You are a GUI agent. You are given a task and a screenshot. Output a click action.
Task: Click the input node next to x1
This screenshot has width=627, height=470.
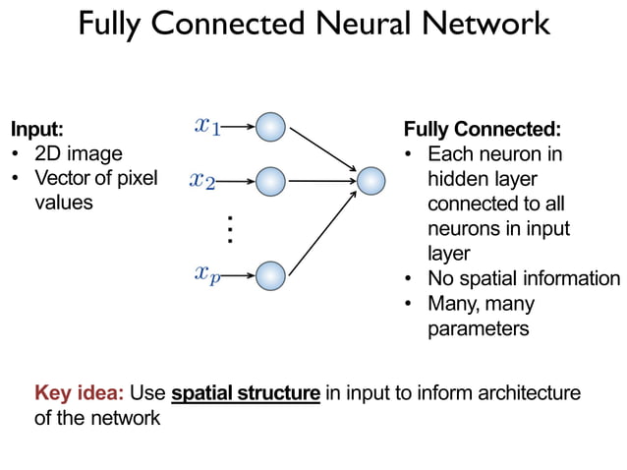click(x=270, y=127)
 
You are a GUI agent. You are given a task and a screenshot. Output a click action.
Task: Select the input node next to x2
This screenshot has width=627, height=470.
click(x=270, y=181)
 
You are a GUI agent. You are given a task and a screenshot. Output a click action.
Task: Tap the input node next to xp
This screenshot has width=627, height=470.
click(x=270, y=274)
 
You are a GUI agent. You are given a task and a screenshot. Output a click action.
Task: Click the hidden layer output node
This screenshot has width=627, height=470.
click(x=370, y=181)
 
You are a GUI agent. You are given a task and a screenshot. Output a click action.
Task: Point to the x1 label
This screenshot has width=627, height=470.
click(x=207, y=125)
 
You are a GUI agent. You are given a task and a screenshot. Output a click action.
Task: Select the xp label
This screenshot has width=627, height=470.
click(x=207, y=274)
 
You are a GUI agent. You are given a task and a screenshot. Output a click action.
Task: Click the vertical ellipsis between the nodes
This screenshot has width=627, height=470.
click(x=229, y=228)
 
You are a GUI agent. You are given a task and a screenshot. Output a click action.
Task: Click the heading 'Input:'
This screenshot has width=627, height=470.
click(x=36, y=129)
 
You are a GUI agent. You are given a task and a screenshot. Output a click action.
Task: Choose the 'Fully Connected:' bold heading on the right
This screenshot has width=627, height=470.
click(x=483, y=129)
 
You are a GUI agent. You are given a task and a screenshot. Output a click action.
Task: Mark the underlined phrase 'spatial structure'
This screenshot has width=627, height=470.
click(x=246, y=394)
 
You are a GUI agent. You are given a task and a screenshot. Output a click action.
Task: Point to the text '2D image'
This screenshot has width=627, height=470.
click(x=78, y=153)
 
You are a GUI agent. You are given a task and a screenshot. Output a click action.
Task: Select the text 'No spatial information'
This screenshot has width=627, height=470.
click(x=523, y=278)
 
